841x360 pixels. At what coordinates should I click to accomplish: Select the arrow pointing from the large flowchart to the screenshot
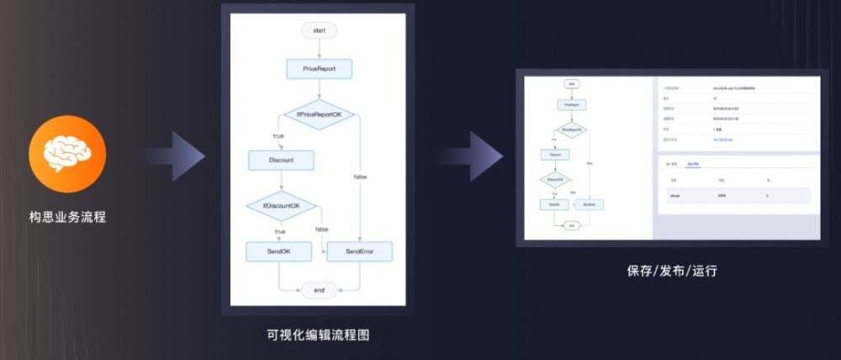471,156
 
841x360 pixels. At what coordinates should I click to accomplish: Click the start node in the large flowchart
319,30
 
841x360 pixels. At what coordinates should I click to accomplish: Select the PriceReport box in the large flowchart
319,68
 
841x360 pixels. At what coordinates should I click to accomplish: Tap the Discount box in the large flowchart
281,159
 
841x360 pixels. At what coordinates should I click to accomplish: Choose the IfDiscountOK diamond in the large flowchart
281,205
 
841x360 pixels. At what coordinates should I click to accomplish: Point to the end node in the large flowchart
319,290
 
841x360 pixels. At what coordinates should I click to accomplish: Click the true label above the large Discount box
279,135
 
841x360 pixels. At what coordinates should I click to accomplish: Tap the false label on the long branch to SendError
360,177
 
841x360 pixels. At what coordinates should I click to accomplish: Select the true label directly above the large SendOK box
280,230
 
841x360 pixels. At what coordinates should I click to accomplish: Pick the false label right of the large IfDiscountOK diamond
322,230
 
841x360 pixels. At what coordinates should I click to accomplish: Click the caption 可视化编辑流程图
318,335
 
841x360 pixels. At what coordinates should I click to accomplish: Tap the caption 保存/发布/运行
672,271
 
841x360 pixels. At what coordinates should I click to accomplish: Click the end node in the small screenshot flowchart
571,225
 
